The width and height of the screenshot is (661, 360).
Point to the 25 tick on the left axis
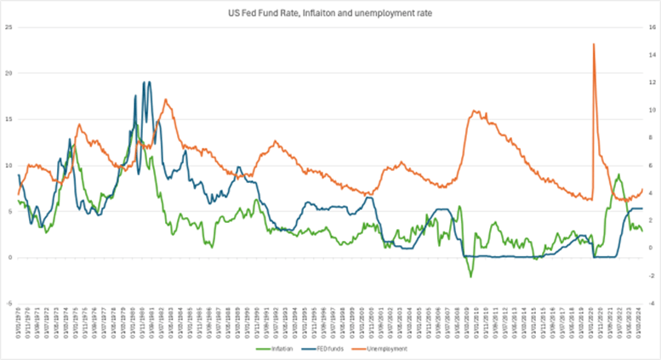[9, 27]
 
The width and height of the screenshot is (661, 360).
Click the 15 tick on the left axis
[9, 119]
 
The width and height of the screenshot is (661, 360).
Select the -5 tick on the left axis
[9, 303]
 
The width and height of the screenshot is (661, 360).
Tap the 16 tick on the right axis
[652, 27]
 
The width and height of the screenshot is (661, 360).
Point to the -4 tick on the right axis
[652, 303]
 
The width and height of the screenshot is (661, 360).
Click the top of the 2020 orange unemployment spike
[593, 44]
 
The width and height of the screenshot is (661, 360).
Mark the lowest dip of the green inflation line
[470, 277]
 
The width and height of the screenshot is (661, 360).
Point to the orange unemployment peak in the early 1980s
[167, 100]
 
